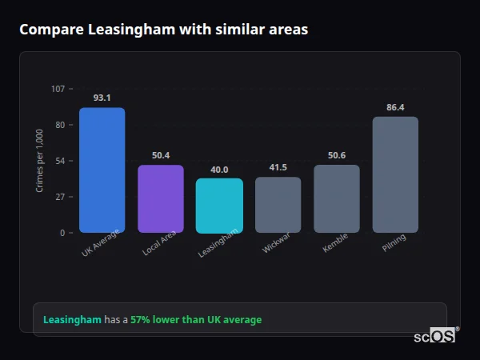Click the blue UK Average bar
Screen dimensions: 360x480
pos(102,170)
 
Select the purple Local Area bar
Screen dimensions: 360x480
pos(161,198)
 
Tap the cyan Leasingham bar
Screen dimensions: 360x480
pos(219,205)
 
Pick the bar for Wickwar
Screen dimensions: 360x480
pos(278,204)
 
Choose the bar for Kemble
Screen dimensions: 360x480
pos(336,198)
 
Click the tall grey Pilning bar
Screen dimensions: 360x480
pos(395,174)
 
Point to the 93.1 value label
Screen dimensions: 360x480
pos(102,98)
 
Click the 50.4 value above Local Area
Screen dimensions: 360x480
pos(161,155)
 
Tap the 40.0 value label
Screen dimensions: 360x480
pos(219,170)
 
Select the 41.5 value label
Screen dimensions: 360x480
pos(278,167)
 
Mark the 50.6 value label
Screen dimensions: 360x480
pos(336,155)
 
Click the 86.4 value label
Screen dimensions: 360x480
pos(395,107)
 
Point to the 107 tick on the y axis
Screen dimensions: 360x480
pos(58,89)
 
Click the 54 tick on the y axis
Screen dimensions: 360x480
pos(60,161)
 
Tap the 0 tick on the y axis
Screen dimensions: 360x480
pos(62,233)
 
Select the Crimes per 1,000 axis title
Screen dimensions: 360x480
pos(40,160)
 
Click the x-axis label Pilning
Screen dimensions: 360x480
pos(394,243)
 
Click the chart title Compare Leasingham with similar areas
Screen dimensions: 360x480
pos(163,30)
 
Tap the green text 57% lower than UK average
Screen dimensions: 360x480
pos(196,320)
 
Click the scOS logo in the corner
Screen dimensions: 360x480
pos(435,336)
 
